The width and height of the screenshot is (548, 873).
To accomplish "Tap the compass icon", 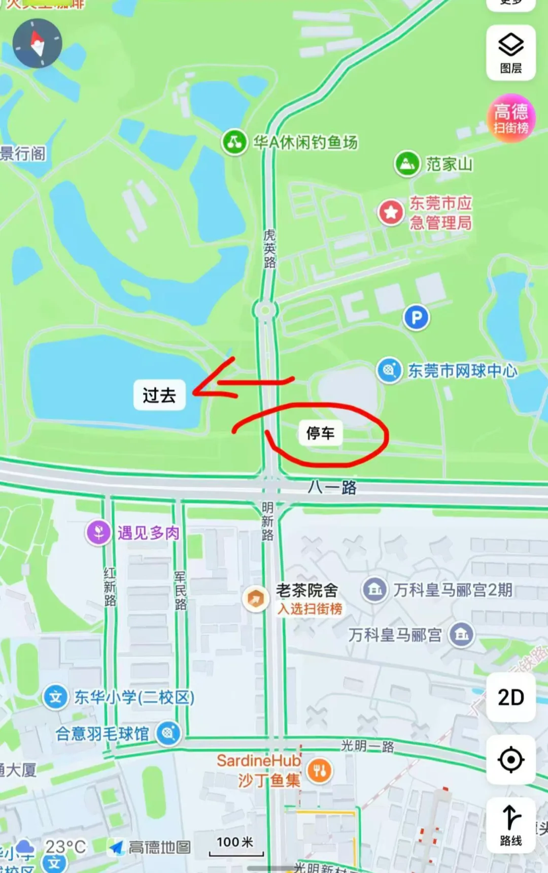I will click(37, 44).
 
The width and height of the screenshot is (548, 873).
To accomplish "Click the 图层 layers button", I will click(510, 53).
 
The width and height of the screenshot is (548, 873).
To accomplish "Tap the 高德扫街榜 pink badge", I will click(511, 118).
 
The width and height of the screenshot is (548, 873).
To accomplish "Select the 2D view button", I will click(510, 698).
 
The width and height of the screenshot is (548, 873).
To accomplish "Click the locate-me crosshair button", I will click(510, 760).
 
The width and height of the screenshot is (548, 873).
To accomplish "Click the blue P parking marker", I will click(416, 318).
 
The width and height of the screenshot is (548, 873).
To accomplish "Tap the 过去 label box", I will click(159, 395).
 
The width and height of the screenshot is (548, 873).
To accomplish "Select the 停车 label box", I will click(320, 433).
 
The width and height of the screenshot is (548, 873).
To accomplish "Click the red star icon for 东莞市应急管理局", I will click(391, 212).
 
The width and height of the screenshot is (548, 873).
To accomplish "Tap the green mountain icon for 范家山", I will click(407, 164).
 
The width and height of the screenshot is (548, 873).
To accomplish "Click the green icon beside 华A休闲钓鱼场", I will click(234, 142).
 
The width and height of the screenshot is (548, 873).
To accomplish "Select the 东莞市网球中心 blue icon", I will click(389, 370).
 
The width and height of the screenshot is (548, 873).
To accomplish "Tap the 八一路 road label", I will click(332, 487).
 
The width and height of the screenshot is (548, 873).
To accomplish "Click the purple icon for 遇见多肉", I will click(98, 533).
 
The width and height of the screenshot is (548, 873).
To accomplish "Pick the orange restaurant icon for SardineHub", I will click(319, 771).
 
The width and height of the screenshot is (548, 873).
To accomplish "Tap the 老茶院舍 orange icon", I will click(255, 599).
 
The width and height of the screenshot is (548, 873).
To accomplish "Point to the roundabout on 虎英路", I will click(265, 310).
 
